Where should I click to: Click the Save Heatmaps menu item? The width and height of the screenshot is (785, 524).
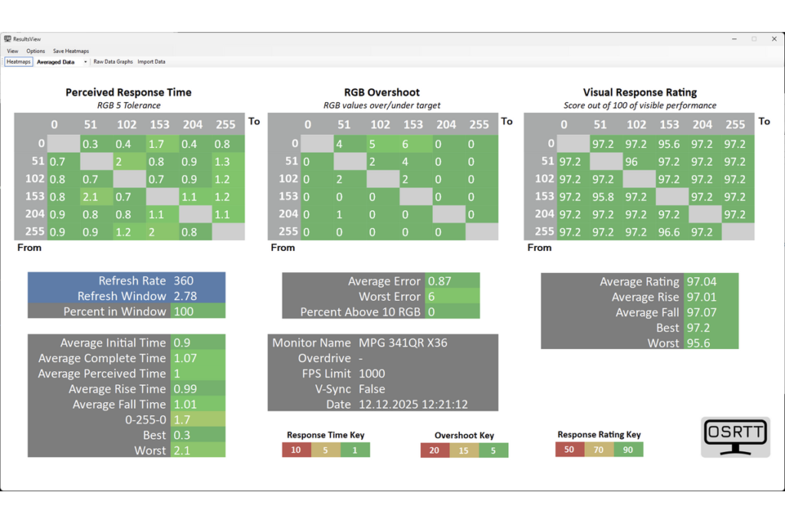(71, 51)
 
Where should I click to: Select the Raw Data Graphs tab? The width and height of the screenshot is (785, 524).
(113, 61)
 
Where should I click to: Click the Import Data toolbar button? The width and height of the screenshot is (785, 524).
(151, 61)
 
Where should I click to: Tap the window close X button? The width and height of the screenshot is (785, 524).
(774, 38)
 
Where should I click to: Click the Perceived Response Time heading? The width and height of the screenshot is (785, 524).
(128, 92)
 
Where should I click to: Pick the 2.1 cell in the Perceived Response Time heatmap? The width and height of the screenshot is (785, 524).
(96, 197)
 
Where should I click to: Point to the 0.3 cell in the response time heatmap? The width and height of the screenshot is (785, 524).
(96, 144)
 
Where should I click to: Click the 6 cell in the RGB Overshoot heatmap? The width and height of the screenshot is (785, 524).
(415, 144)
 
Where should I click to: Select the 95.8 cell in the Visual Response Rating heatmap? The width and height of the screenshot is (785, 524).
(606, 197)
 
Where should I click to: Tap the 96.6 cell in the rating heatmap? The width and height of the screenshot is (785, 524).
(672, 232)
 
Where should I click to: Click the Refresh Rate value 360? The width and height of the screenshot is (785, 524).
(183, 281)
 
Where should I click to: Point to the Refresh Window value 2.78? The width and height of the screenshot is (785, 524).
(186, 296)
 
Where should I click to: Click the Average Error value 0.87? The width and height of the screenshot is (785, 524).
(439, 281)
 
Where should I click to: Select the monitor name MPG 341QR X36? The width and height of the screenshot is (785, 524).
(403, 343)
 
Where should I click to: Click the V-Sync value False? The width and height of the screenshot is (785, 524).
(372, 389)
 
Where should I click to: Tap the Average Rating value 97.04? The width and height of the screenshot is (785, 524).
(701, 282)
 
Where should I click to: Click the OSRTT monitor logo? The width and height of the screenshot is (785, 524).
(735, 437)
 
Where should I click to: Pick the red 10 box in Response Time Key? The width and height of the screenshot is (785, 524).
(297, 450)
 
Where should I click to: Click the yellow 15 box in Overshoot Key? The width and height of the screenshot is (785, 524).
(464, 450)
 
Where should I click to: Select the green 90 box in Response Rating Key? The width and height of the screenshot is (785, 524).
(629, 450)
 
